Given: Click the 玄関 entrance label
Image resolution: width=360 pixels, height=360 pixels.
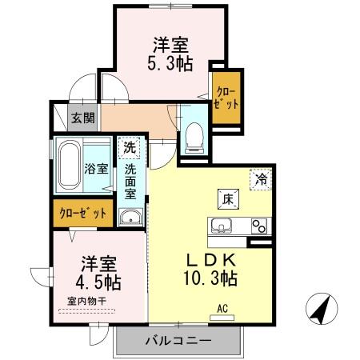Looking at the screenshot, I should [82, 118].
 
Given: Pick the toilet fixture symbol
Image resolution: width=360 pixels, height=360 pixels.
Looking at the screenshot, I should [192, 138].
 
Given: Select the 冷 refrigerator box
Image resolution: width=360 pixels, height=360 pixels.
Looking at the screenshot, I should [262, 179].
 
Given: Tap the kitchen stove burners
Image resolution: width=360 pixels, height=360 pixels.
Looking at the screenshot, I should [259, 225].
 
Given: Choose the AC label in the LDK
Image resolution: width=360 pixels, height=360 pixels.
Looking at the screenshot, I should [222, 307].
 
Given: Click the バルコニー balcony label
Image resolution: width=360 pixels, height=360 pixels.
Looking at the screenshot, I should [177, 341].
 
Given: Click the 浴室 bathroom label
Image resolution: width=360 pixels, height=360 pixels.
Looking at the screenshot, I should [94, 169].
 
